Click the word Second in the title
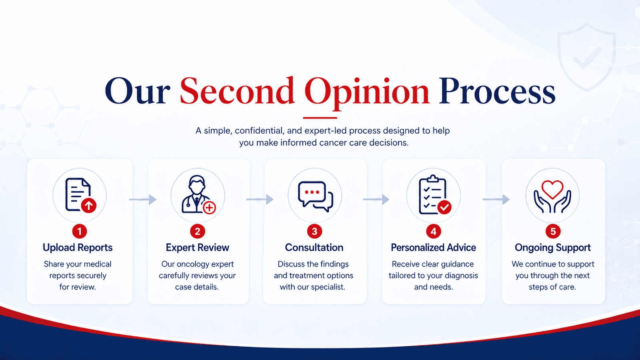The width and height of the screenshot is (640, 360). coord(237,91)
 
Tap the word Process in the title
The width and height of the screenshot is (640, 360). coord(497,91)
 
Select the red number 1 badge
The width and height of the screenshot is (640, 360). coord(80,231)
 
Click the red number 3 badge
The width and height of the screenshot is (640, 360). coord(314,231)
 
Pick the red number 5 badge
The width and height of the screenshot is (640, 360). coord(553,231)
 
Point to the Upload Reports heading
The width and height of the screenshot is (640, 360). coord(78,248)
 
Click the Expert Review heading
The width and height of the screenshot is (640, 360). coord(198,248)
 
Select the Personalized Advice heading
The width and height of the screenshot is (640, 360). coord(434,248)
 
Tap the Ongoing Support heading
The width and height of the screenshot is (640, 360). coord(552,248)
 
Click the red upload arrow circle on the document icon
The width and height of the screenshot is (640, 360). coord(88,205)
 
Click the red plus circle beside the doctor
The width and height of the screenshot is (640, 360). coord(210,208)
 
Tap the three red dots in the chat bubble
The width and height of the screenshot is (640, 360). coord(312,192)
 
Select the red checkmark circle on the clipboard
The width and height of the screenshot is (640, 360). coord(444,207)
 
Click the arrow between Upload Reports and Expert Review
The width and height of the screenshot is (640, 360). coord(143,199)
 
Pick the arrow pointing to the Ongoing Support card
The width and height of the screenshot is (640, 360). coord(496,199)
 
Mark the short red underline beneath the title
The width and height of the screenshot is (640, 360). coord(320,118)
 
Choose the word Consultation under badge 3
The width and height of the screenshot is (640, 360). coord(314,248)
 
